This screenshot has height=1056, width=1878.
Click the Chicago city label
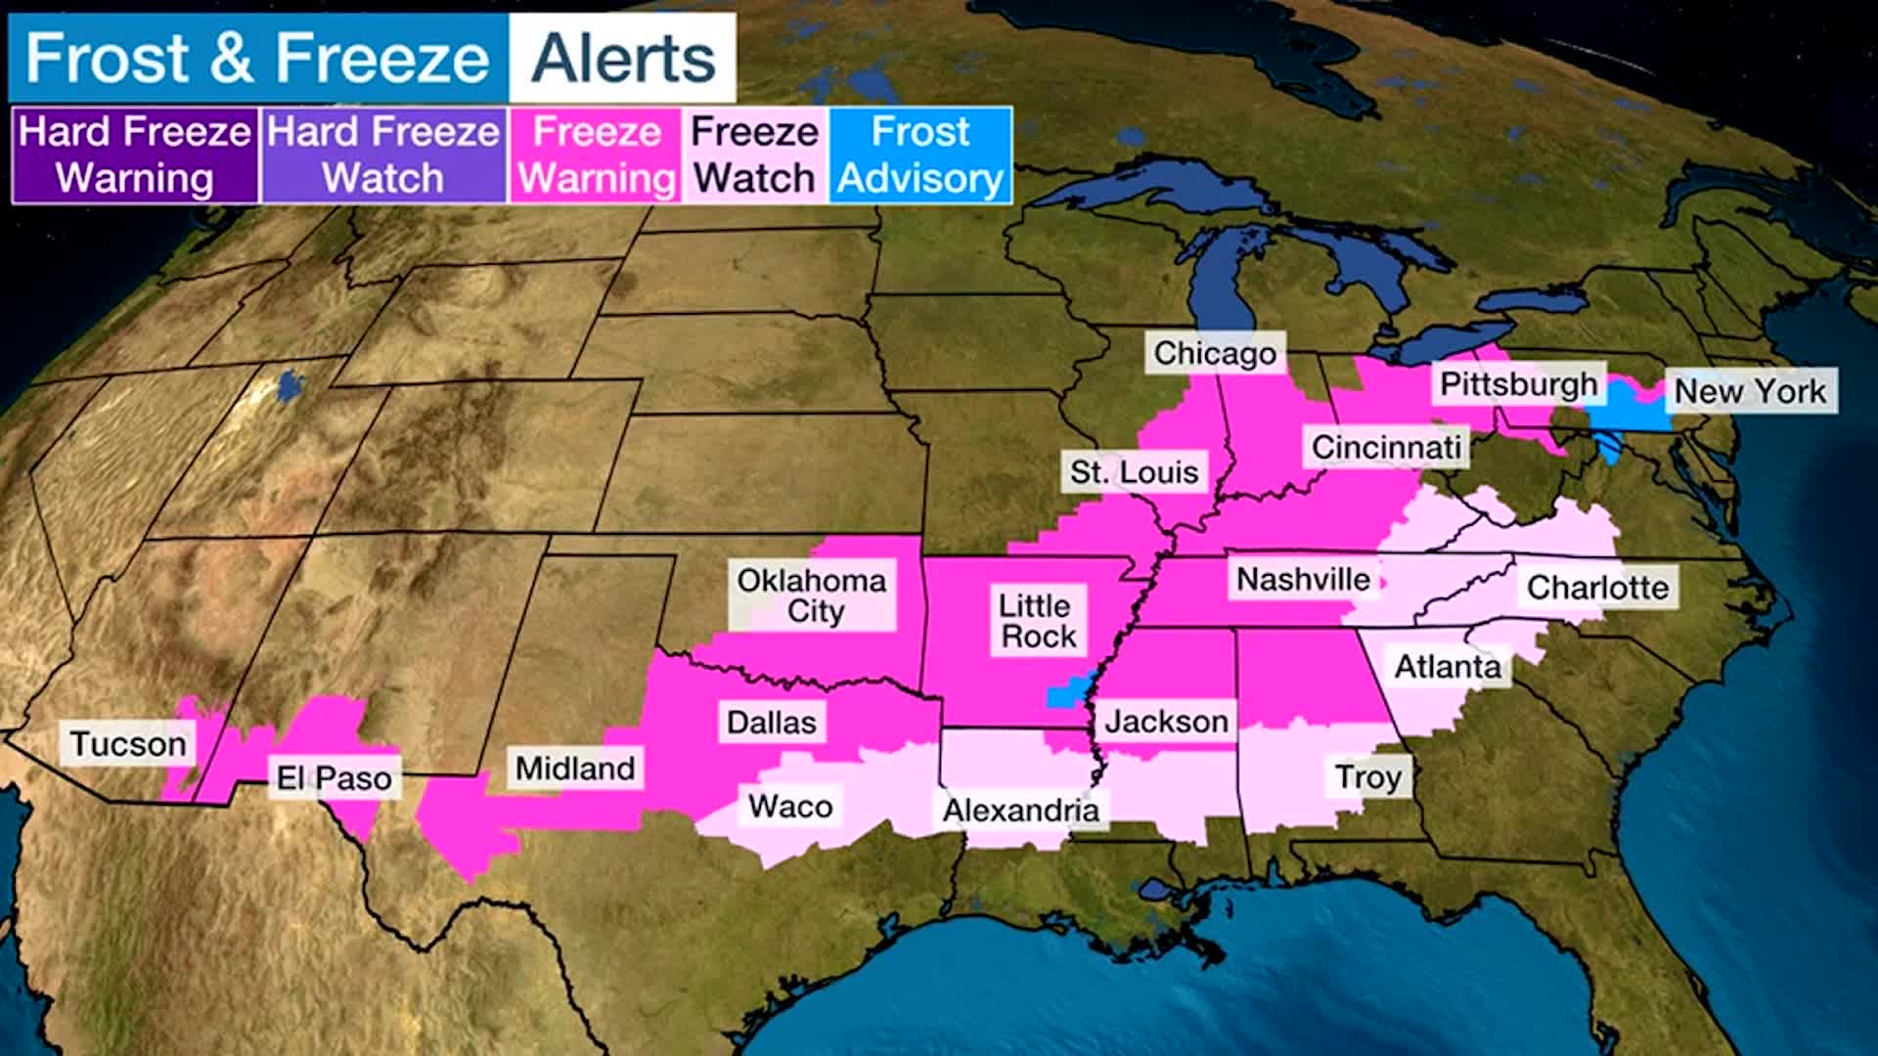[x=1215, y=353]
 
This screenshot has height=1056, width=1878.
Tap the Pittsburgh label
[x=1518, y=384]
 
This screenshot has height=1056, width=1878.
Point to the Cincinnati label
[x=1385, y=448]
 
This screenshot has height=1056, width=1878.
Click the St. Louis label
[x=1134, y=472]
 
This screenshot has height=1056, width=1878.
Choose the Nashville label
[x=1303, y=580]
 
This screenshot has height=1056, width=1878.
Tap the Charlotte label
[x=1597, y=588]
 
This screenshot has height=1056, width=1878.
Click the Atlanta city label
[x=1447, y=667]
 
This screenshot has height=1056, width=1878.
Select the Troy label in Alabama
[x=1368, y=777]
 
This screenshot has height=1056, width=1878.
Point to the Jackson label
[x=1166, y=722]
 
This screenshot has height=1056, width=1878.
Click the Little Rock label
[x=1037, y=621]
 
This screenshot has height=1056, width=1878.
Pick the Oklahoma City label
[x=811, y=595]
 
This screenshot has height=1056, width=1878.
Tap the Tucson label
[x=127, y=744]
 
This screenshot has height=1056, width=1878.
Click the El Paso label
[x=334, y=778]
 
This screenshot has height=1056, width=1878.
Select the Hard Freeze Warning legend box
[x=135, y=155]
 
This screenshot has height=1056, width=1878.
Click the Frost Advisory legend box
[x=920, y=155]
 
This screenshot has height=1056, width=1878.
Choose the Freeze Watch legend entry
[x=754, y=155]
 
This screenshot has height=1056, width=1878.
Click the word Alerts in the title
[x=623, y=59]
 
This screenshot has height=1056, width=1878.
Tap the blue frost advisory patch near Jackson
[x=1066, y=692]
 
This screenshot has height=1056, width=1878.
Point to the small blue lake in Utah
[x=290, y=385]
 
